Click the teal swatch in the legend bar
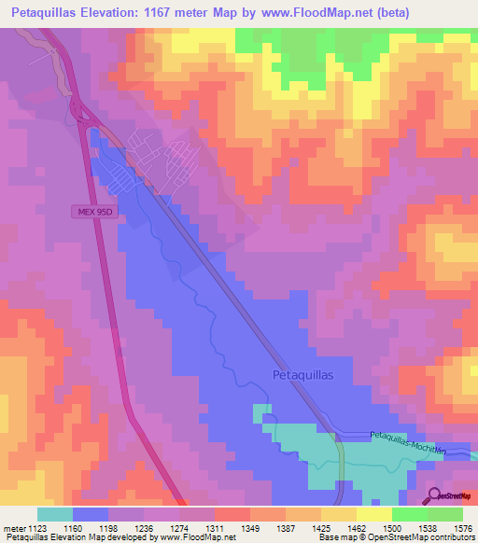click(x=55, y=514)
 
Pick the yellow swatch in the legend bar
click(x=374, y=514)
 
